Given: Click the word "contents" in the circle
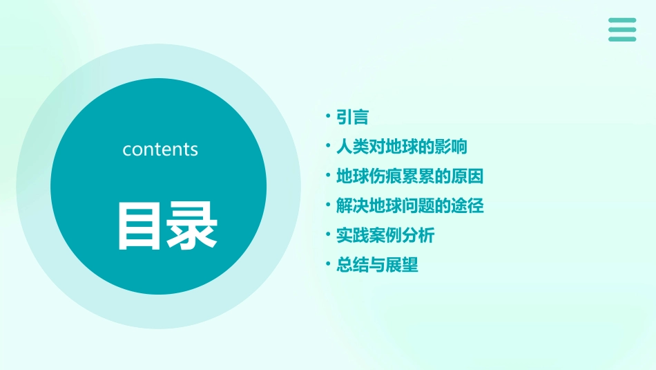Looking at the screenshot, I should tap(160, 149).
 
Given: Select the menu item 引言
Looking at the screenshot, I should tap(352, 118).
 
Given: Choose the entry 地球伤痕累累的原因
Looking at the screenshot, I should tap(409, 176).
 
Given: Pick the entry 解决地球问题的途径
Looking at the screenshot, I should tap(409, 206).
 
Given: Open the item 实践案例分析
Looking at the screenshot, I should tap(385, 236).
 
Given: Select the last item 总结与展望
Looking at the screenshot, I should tap(377, 266).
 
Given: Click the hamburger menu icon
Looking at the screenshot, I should tap(622, 30).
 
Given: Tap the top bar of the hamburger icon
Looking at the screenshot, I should tap(622, 21).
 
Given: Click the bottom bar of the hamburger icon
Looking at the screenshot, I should tap(622, 39).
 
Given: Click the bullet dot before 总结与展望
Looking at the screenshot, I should tap(329, 265).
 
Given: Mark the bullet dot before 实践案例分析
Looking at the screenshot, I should tap(329, 235).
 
